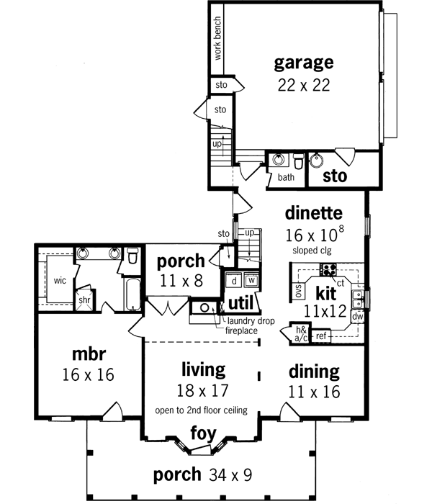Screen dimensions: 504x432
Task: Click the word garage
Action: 303,63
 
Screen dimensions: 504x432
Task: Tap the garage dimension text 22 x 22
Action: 303,84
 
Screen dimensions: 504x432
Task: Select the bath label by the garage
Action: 286,177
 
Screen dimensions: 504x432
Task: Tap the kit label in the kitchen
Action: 326,294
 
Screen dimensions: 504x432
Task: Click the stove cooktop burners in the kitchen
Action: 328,270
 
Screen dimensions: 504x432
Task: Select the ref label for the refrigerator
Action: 321,336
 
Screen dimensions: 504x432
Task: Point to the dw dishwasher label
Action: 357,315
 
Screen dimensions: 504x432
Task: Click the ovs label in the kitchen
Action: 297,290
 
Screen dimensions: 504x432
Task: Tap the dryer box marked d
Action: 235,280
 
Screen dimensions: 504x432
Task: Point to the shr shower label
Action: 85,300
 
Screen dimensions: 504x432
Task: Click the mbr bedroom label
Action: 89,354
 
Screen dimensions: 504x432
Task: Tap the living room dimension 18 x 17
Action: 202,391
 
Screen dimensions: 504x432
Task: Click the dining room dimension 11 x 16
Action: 314,393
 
